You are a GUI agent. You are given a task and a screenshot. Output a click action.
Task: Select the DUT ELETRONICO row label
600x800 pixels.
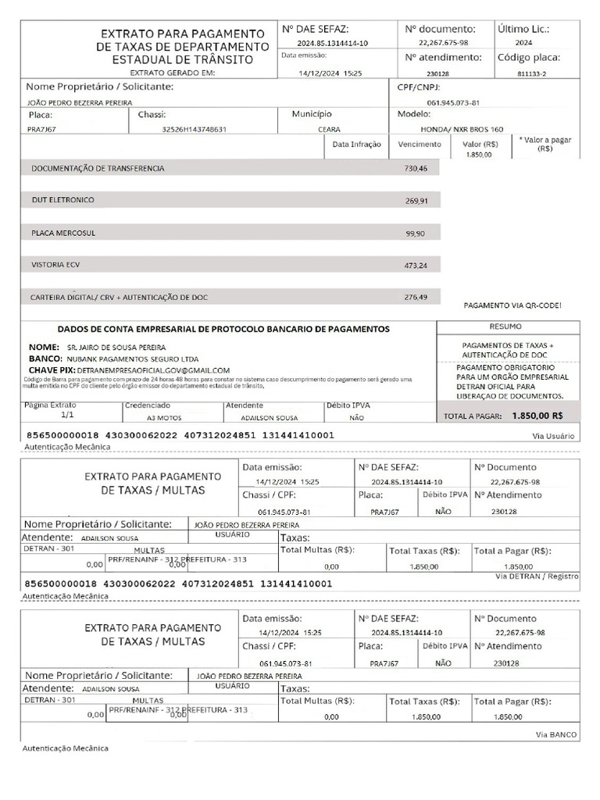point(62,200)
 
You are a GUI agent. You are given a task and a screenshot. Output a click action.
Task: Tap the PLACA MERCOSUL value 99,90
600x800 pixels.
point(415,234)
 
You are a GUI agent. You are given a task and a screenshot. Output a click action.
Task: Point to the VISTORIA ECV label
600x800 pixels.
point(55,265)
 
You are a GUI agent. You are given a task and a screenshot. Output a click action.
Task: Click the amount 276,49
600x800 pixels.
point(416,297)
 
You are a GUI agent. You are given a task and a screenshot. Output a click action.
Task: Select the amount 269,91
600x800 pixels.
point(416,201)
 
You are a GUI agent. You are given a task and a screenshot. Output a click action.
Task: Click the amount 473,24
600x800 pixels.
point(416,266)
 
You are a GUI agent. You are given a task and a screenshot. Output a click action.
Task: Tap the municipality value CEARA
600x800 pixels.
point(329,129)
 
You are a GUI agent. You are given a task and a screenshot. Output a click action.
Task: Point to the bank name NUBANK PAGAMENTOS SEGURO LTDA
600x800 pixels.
point(127,358)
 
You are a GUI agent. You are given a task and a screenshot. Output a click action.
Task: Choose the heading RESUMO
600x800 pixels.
point(505,326)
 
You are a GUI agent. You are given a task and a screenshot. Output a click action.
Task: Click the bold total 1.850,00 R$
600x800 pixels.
point(537,416)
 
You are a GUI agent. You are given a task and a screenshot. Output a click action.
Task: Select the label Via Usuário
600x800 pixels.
point(553,436)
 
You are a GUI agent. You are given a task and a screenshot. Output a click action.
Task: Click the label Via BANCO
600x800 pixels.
point(556,734)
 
